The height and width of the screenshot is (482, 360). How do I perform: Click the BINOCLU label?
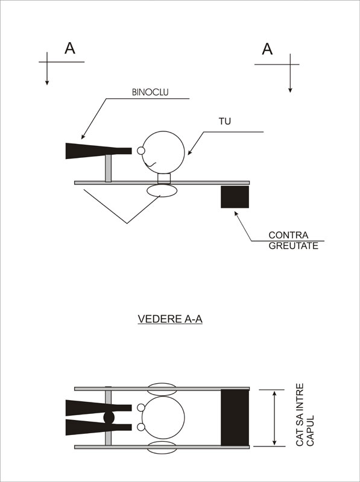click(150, 92)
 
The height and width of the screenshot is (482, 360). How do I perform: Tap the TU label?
click(224, 122)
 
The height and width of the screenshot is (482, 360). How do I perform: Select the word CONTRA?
click(288, 235)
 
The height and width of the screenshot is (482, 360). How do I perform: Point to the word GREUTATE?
click(293, 246)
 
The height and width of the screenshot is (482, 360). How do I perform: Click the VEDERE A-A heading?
click(170, 319)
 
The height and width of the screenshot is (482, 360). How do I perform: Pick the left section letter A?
click(70, 48)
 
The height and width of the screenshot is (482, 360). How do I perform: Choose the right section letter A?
click(267, 49)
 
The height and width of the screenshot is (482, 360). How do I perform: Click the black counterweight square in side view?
click(235, 197)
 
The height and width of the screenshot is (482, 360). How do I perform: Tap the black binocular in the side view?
click(98, 151)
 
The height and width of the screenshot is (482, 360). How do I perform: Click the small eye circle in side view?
click(141, 151)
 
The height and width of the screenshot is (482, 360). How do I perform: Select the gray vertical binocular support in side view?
click(109, 168)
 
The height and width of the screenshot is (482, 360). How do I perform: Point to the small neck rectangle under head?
click(164, 178)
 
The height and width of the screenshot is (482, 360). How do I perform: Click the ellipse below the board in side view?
click(162, 190)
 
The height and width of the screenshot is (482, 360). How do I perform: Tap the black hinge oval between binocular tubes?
click(109, 418)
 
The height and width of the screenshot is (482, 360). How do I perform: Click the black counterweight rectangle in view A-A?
click(235, 418)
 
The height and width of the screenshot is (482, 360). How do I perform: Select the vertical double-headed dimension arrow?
click(274, 418)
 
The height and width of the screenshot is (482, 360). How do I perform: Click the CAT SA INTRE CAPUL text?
click(305, 415)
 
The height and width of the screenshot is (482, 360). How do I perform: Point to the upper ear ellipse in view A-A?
click(162, 389)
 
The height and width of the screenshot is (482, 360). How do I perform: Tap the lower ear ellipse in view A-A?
click(162, 447)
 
